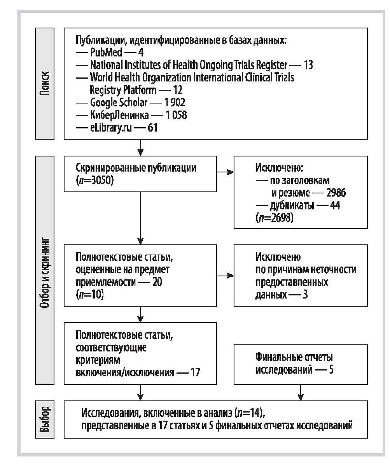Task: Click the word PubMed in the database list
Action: tap(106, 53)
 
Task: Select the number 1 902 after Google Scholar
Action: tap(175, 102)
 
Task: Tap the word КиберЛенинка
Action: tap(119, 115)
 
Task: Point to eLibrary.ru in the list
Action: tap(111, 128)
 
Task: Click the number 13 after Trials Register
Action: tap(308, 65)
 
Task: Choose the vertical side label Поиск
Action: tap(44, 83)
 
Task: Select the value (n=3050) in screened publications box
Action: tap(95, 180)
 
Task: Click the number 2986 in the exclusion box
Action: tap(336, 193)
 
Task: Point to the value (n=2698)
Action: tap(275, 218)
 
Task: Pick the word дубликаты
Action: tap(292, 205)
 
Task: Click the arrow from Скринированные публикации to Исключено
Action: tap(225, 172)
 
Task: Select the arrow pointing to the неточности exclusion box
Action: tap(225, 276)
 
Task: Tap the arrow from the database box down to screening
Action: tap(140, 147)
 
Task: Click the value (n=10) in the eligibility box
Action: tap(90, 295)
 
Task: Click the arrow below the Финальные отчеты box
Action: tap(301, 393)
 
